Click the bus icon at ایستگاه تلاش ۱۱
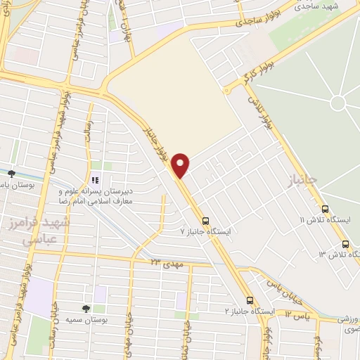[325, 209]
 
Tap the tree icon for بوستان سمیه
[86, 308]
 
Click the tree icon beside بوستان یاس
[11, 173]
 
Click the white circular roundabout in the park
[337, 103]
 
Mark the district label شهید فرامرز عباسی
[30, 229]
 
